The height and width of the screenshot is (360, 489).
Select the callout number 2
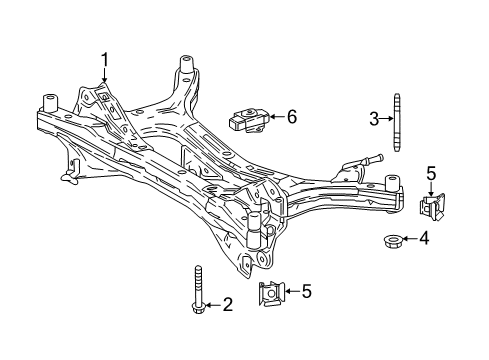[228, 304]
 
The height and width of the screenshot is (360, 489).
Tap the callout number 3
[372, 120]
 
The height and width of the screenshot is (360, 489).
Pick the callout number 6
[291, 117]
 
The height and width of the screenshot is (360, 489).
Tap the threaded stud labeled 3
[398, 120]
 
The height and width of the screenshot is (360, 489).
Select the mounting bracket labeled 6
[247, 118]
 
